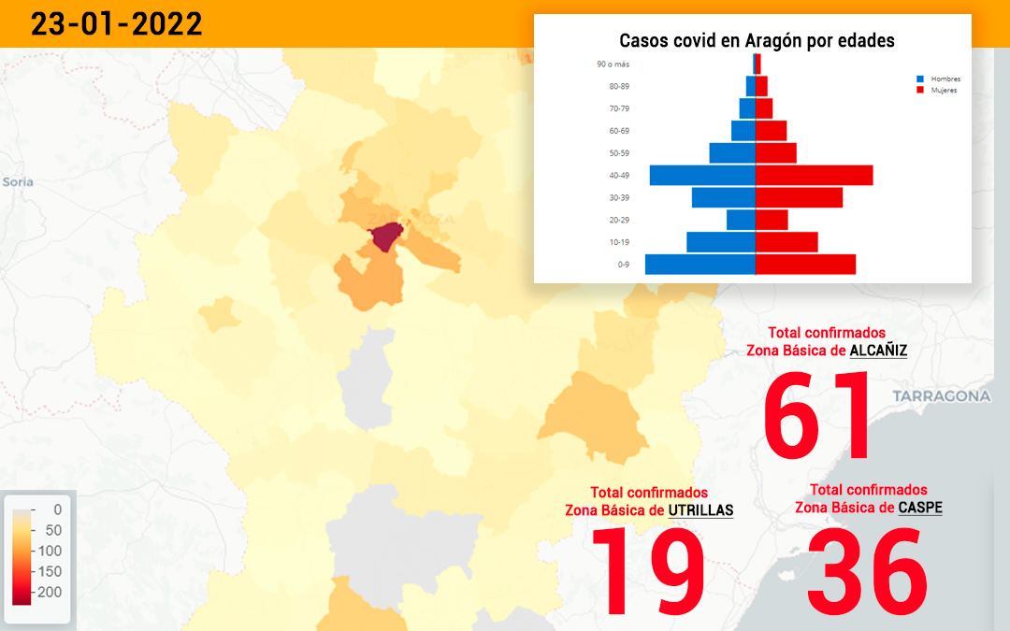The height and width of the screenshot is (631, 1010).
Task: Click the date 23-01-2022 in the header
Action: [116, 24]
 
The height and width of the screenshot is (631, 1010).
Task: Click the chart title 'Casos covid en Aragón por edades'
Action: [757, 41]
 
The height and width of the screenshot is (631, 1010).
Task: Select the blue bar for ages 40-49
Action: [702, 175]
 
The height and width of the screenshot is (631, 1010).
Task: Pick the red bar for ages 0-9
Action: [806, 265]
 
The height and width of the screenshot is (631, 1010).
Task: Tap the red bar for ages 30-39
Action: [799, 197]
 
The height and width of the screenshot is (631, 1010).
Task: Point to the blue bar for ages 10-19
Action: [721, 242]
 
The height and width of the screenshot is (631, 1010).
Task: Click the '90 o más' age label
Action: [613, 65]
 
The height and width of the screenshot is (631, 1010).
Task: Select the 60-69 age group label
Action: [619, 131]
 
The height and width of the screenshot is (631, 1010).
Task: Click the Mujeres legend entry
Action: [937, 90]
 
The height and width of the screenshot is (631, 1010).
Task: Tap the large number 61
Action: [816, 415]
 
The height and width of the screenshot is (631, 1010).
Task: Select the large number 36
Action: [868, 570]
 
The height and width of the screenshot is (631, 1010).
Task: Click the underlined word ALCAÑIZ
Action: [878, 351]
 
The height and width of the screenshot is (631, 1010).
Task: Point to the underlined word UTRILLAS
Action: [700, 510]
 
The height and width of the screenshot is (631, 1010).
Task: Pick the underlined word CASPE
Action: [920, 508]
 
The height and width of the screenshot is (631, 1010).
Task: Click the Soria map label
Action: [18, 181]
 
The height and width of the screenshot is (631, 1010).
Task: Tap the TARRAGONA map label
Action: [942, 396]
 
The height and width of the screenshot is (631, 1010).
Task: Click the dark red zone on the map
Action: [385, 237]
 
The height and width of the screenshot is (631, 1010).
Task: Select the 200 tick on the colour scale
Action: [50, 592]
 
